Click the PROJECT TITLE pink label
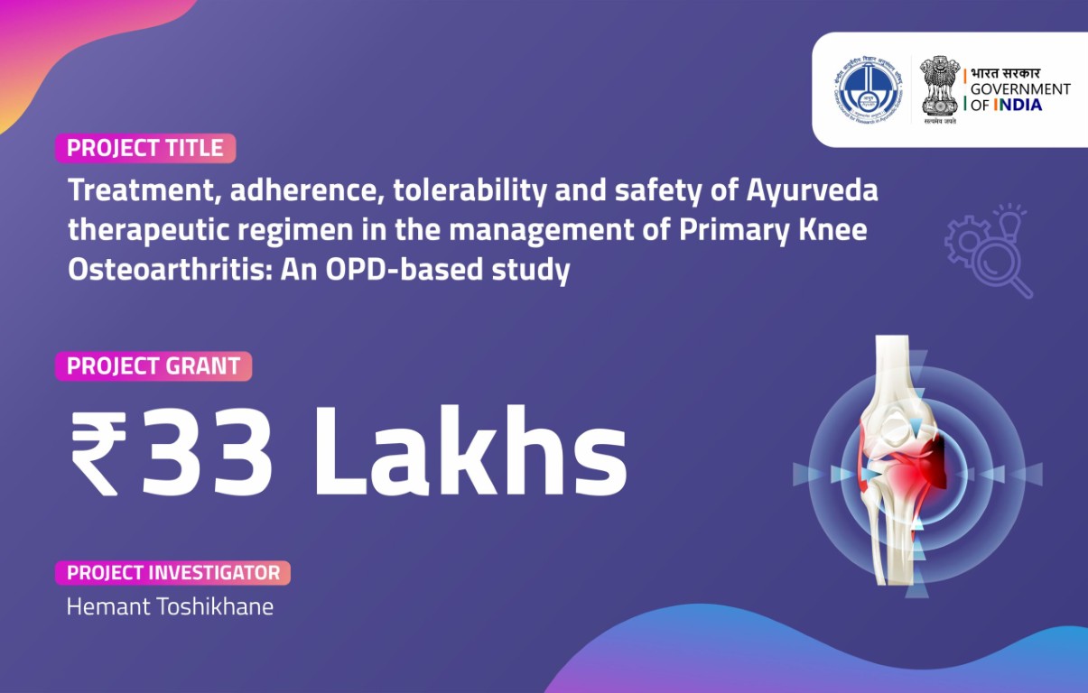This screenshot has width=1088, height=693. pos(145,148)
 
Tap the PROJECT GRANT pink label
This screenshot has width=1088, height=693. pos(153,366)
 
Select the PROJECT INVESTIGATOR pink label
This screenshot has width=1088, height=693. pos(173,573)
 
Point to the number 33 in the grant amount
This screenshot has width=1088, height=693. pos(208,451)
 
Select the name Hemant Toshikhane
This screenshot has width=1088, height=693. pos(170,606)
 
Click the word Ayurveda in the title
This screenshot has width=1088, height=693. pos(812,191)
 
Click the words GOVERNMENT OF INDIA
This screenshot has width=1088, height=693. pos(1019,97)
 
